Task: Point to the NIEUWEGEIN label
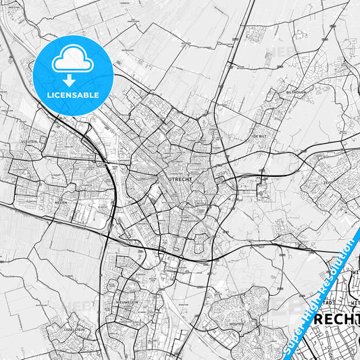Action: pyautogui.click(x=126, y=302)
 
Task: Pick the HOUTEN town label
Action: pyautogui.click(x=236, y=324)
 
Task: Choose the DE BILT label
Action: pyautogui.click(x=259, y=136)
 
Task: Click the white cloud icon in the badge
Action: pyautogui.click(x=72, y=59)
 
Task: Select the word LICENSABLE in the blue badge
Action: pyautogui.click(x=72, y=95)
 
